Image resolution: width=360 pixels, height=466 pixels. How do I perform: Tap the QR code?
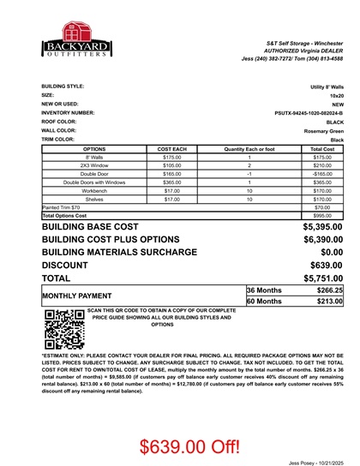pos(57,327)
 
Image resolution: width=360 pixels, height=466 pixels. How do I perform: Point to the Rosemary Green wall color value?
pos(324,131)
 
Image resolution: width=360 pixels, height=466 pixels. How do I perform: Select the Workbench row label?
pos(94,190)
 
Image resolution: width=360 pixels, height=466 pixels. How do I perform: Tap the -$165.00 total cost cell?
pos(322,174)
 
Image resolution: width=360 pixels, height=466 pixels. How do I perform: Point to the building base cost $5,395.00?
pos(323,227)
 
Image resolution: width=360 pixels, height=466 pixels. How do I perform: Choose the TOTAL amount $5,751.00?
pos(323,278)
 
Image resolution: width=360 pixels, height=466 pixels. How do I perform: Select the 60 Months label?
pos(264,302)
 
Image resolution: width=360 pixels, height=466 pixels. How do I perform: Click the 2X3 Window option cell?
pos(94,165)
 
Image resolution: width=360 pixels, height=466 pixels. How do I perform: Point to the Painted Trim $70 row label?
pos(61,207)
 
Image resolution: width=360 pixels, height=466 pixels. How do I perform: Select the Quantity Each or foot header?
pos(249,149)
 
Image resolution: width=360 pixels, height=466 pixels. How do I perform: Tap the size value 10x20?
pos(333,95)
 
